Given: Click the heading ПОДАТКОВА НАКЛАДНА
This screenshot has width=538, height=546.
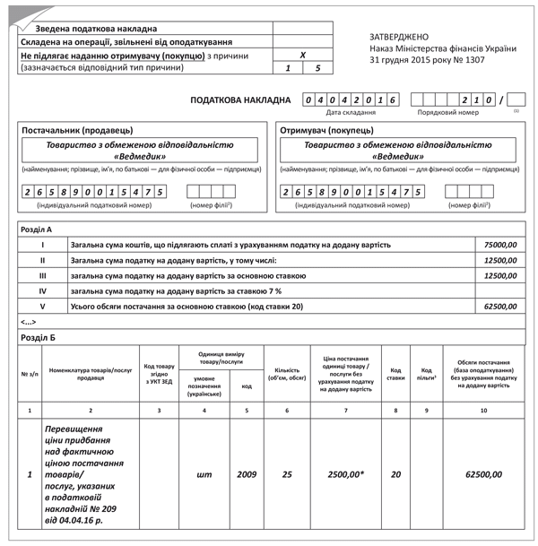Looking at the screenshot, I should pos(240,100).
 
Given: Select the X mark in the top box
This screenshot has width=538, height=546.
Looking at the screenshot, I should pos(302,55).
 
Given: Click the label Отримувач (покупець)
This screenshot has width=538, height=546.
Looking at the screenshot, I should pos(325,131).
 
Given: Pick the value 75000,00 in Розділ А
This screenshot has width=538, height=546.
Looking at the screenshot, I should pos(500,245).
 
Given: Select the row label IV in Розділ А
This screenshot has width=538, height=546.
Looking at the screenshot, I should pos(42,290).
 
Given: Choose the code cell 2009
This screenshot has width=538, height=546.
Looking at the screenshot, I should pos(247,472).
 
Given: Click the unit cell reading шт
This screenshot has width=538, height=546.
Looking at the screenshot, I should pos(204,472).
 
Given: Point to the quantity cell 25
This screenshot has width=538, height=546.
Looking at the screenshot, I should pos(287,472).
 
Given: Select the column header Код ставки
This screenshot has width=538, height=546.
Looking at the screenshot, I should pos(395,373).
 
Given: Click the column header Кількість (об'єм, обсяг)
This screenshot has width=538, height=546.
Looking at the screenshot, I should pos(287,373).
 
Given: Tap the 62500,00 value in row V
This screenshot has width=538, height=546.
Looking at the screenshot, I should pos(500,306).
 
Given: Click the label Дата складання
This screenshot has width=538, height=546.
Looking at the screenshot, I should pos(351,113).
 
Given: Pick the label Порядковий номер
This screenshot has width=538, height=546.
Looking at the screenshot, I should pos(448,113).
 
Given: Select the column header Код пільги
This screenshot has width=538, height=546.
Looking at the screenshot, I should pos(427,373).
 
